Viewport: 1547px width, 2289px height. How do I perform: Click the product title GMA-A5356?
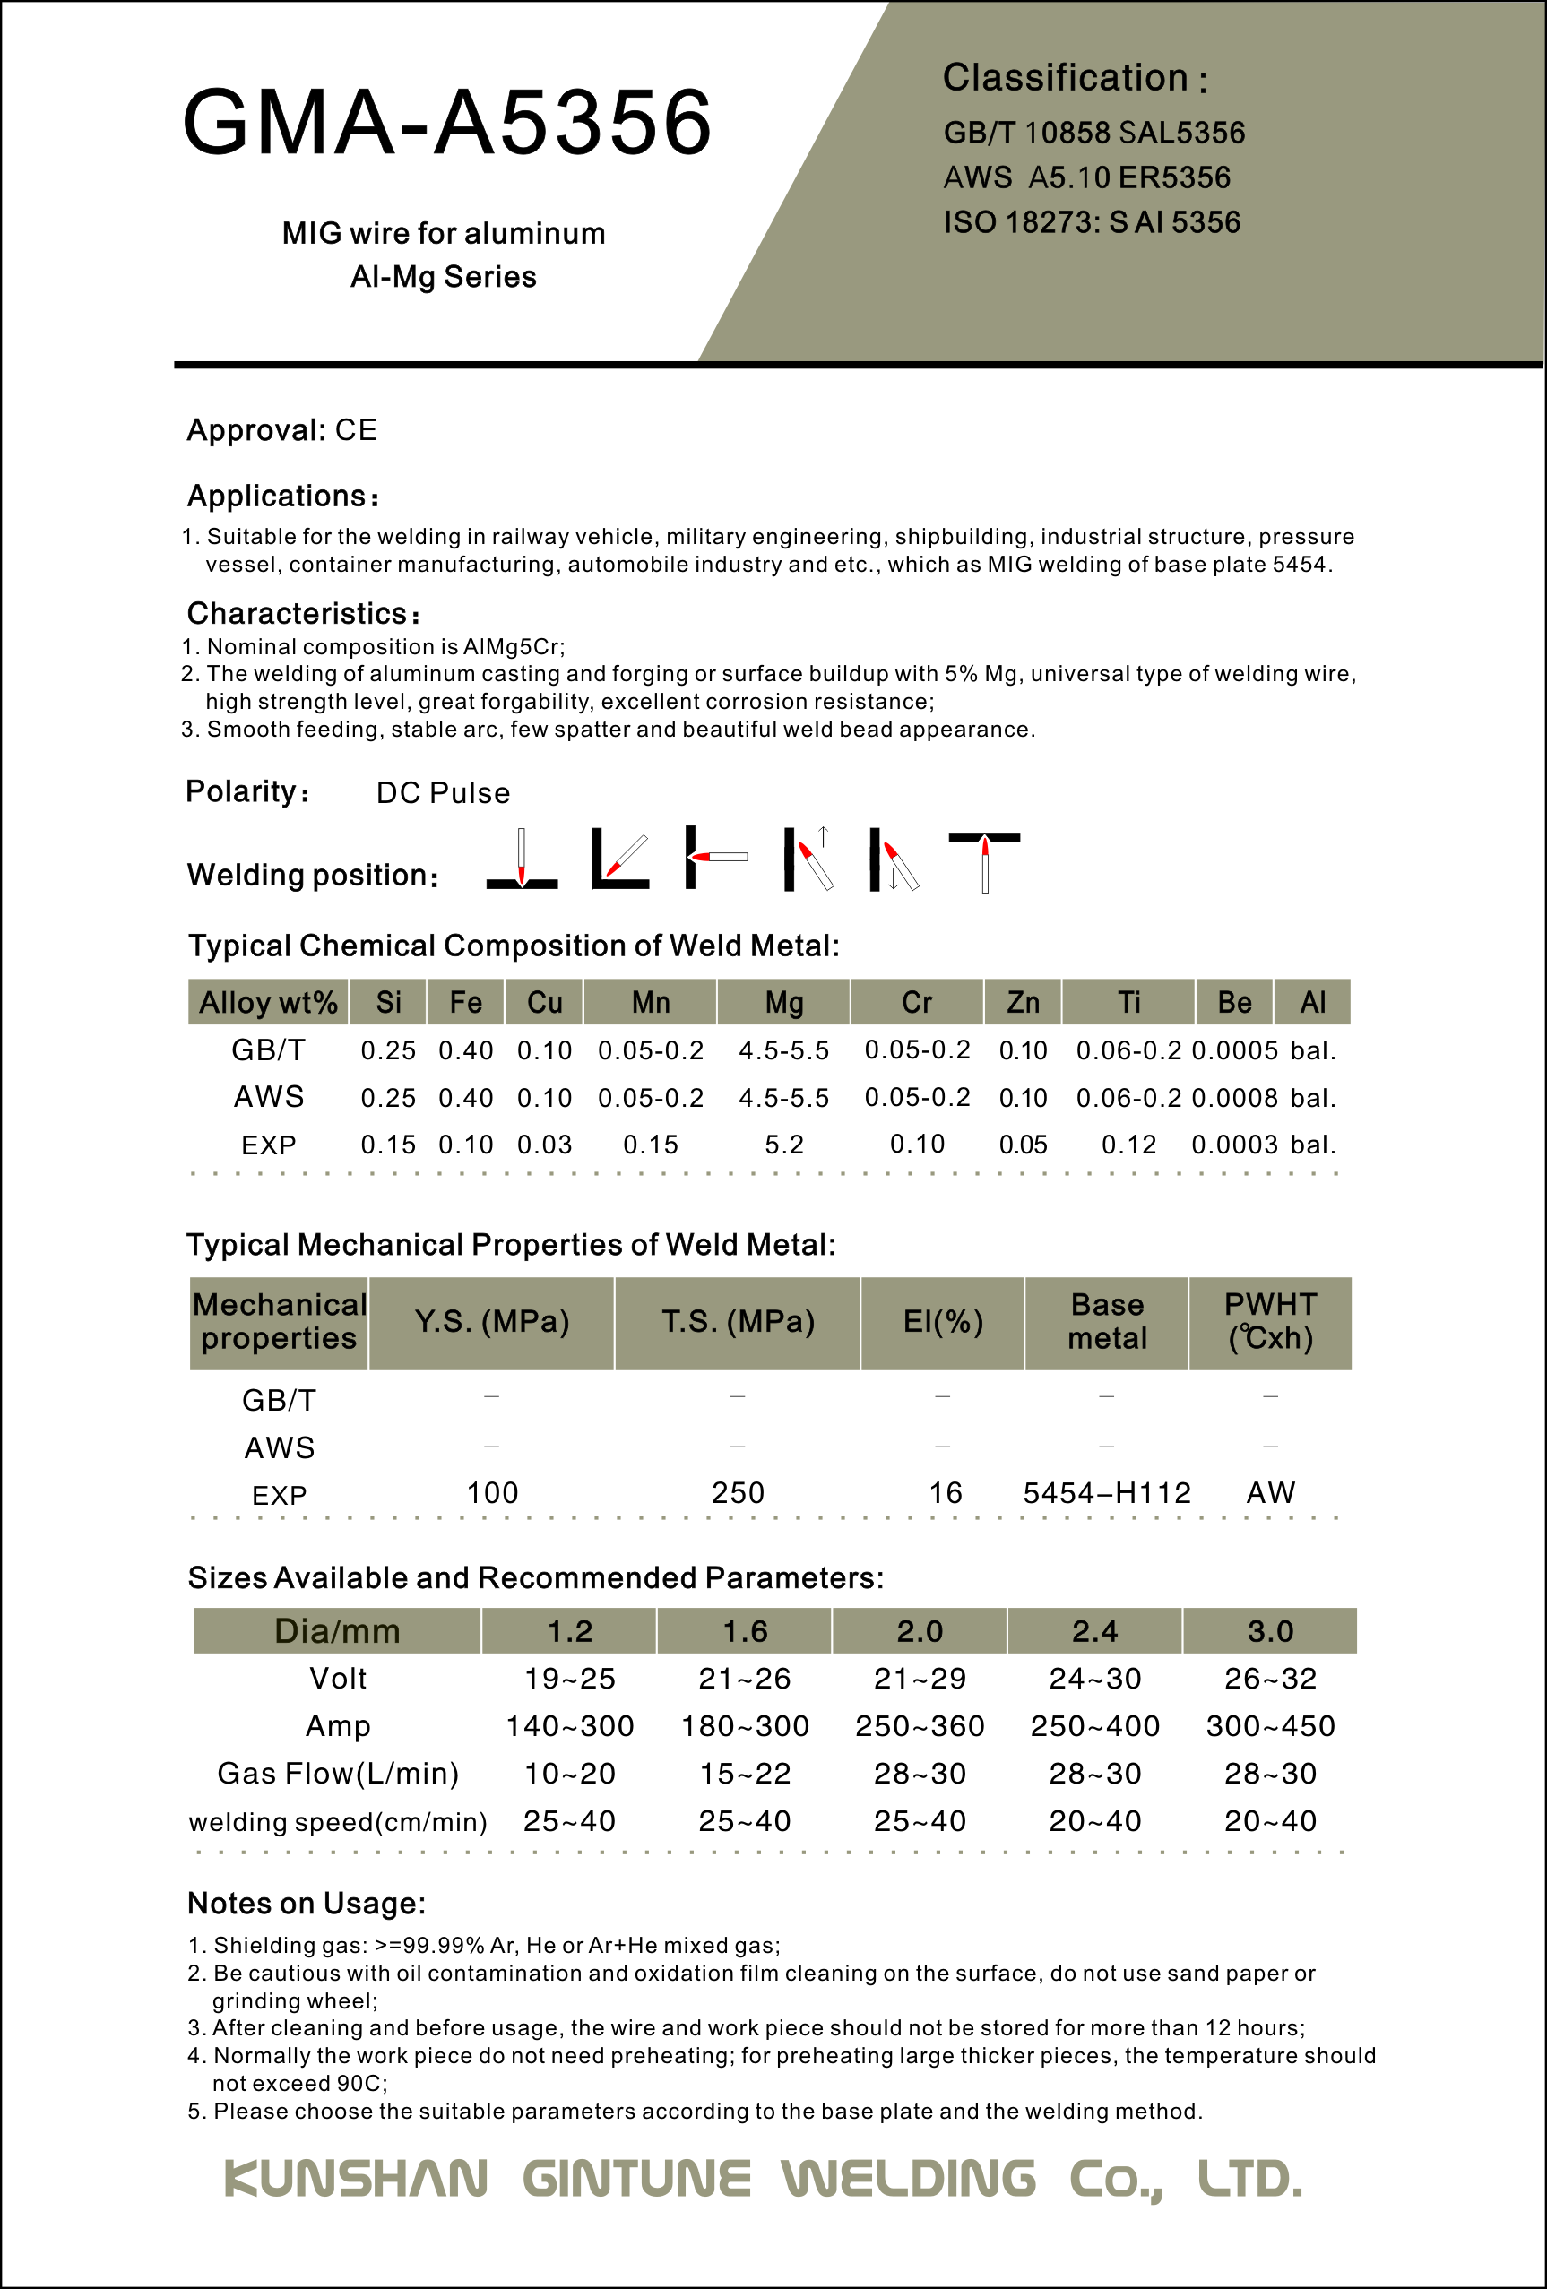[x=447, y=122]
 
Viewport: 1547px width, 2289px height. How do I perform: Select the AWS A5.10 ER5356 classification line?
[x=1086, y=177]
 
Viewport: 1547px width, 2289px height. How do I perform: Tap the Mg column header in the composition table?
[x=784, y=1003]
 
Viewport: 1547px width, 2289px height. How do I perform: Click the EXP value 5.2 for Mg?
[x=784, y=1144]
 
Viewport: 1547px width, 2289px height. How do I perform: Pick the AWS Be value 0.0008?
[x=1234, y=1097]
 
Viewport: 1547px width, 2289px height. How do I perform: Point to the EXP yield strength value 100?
[x=491, y=1493]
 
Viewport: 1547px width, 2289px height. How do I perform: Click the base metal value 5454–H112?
[x=1107, y=1493]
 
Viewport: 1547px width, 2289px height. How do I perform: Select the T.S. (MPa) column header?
[x=738, y=1322]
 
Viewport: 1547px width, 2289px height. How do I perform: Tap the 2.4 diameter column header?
[x=1094, y=1631]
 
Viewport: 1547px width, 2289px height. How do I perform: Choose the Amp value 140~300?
[x=569, y=1725]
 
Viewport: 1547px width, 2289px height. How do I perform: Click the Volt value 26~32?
[x=1270, y=1679]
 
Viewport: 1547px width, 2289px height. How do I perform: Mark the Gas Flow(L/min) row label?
[x=338, y=1773]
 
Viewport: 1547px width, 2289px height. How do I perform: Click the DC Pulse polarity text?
[x=443, y=793]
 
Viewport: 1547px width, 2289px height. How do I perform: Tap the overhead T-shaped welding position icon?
[x=984, y=860]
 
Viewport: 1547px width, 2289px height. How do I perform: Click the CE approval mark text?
[x=356, y=430]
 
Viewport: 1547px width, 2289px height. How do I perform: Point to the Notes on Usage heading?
[x=307, y=1904]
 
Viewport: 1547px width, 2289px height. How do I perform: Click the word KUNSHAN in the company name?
[x=356, y=2179]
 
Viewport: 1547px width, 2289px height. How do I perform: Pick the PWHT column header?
[x=1269, y=1322]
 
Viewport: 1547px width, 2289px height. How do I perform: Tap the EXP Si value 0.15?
[x=387, y=1144]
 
